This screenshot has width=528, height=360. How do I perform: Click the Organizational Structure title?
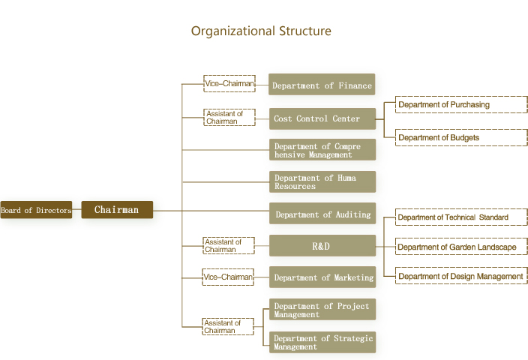tap(261, 31)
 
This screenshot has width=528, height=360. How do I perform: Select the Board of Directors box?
tap(36, 211)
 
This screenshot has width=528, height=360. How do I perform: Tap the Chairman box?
tap(117, 210)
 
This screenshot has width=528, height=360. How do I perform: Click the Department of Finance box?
tap(322, 85)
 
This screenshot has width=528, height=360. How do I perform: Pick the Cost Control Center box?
tap(322, 118)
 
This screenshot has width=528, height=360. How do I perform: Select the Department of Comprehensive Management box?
tap(322, 150)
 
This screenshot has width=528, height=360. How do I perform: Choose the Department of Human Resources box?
tap(322, 181)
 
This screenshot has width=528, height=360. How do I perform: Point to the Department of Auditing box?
tap(322, 214)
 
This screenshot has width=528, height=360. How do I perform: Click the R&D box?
tap(322, 246)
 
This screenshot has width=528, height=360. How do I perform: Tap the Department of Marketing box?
tap(322, 277)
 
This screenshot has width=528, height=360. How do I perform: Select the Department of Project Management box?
tap(322, 310)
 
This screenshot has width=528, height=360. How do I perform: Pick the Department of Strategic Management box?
tap(322, 342)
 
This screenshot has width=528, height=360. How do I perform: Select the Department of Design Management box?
tap(460, 276)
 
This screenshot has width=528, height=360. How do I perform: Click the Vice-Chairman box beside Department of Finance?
tap(229, 84)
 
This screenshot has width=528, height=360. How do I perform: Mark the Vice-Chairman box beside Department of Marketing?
tap(229, 277)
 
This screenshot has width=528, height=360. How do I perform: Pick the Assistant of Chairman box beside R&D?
tap(229, 246)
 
